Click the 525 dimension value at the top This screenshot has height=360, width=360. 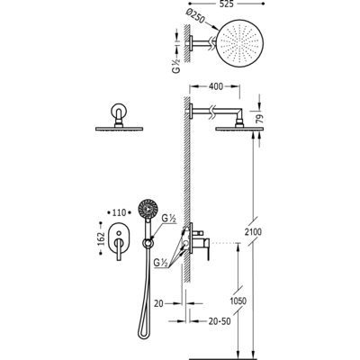click(x=226, y=4)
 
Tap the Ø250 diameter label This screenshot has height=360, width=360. click(x=195, y=16)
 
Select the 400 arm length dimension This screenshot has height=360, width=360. click(x=216, y=86)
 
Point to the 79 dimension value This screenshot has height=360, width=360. click(x=260, y=118)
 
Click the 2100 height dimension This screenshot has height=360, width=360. click(x=252, y=232)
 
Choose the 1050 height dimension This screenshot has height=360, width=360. click(x=238, y=301)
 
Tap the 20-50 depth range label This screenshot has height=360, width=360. click(x=220, y=321)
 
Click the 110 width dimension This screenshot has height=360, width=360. click(x=119, y=212)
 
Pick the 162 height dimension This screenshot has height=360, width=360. click(x=102, y=238)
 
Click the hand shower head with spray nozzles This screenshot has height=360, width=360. click(x=148, y=208)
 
